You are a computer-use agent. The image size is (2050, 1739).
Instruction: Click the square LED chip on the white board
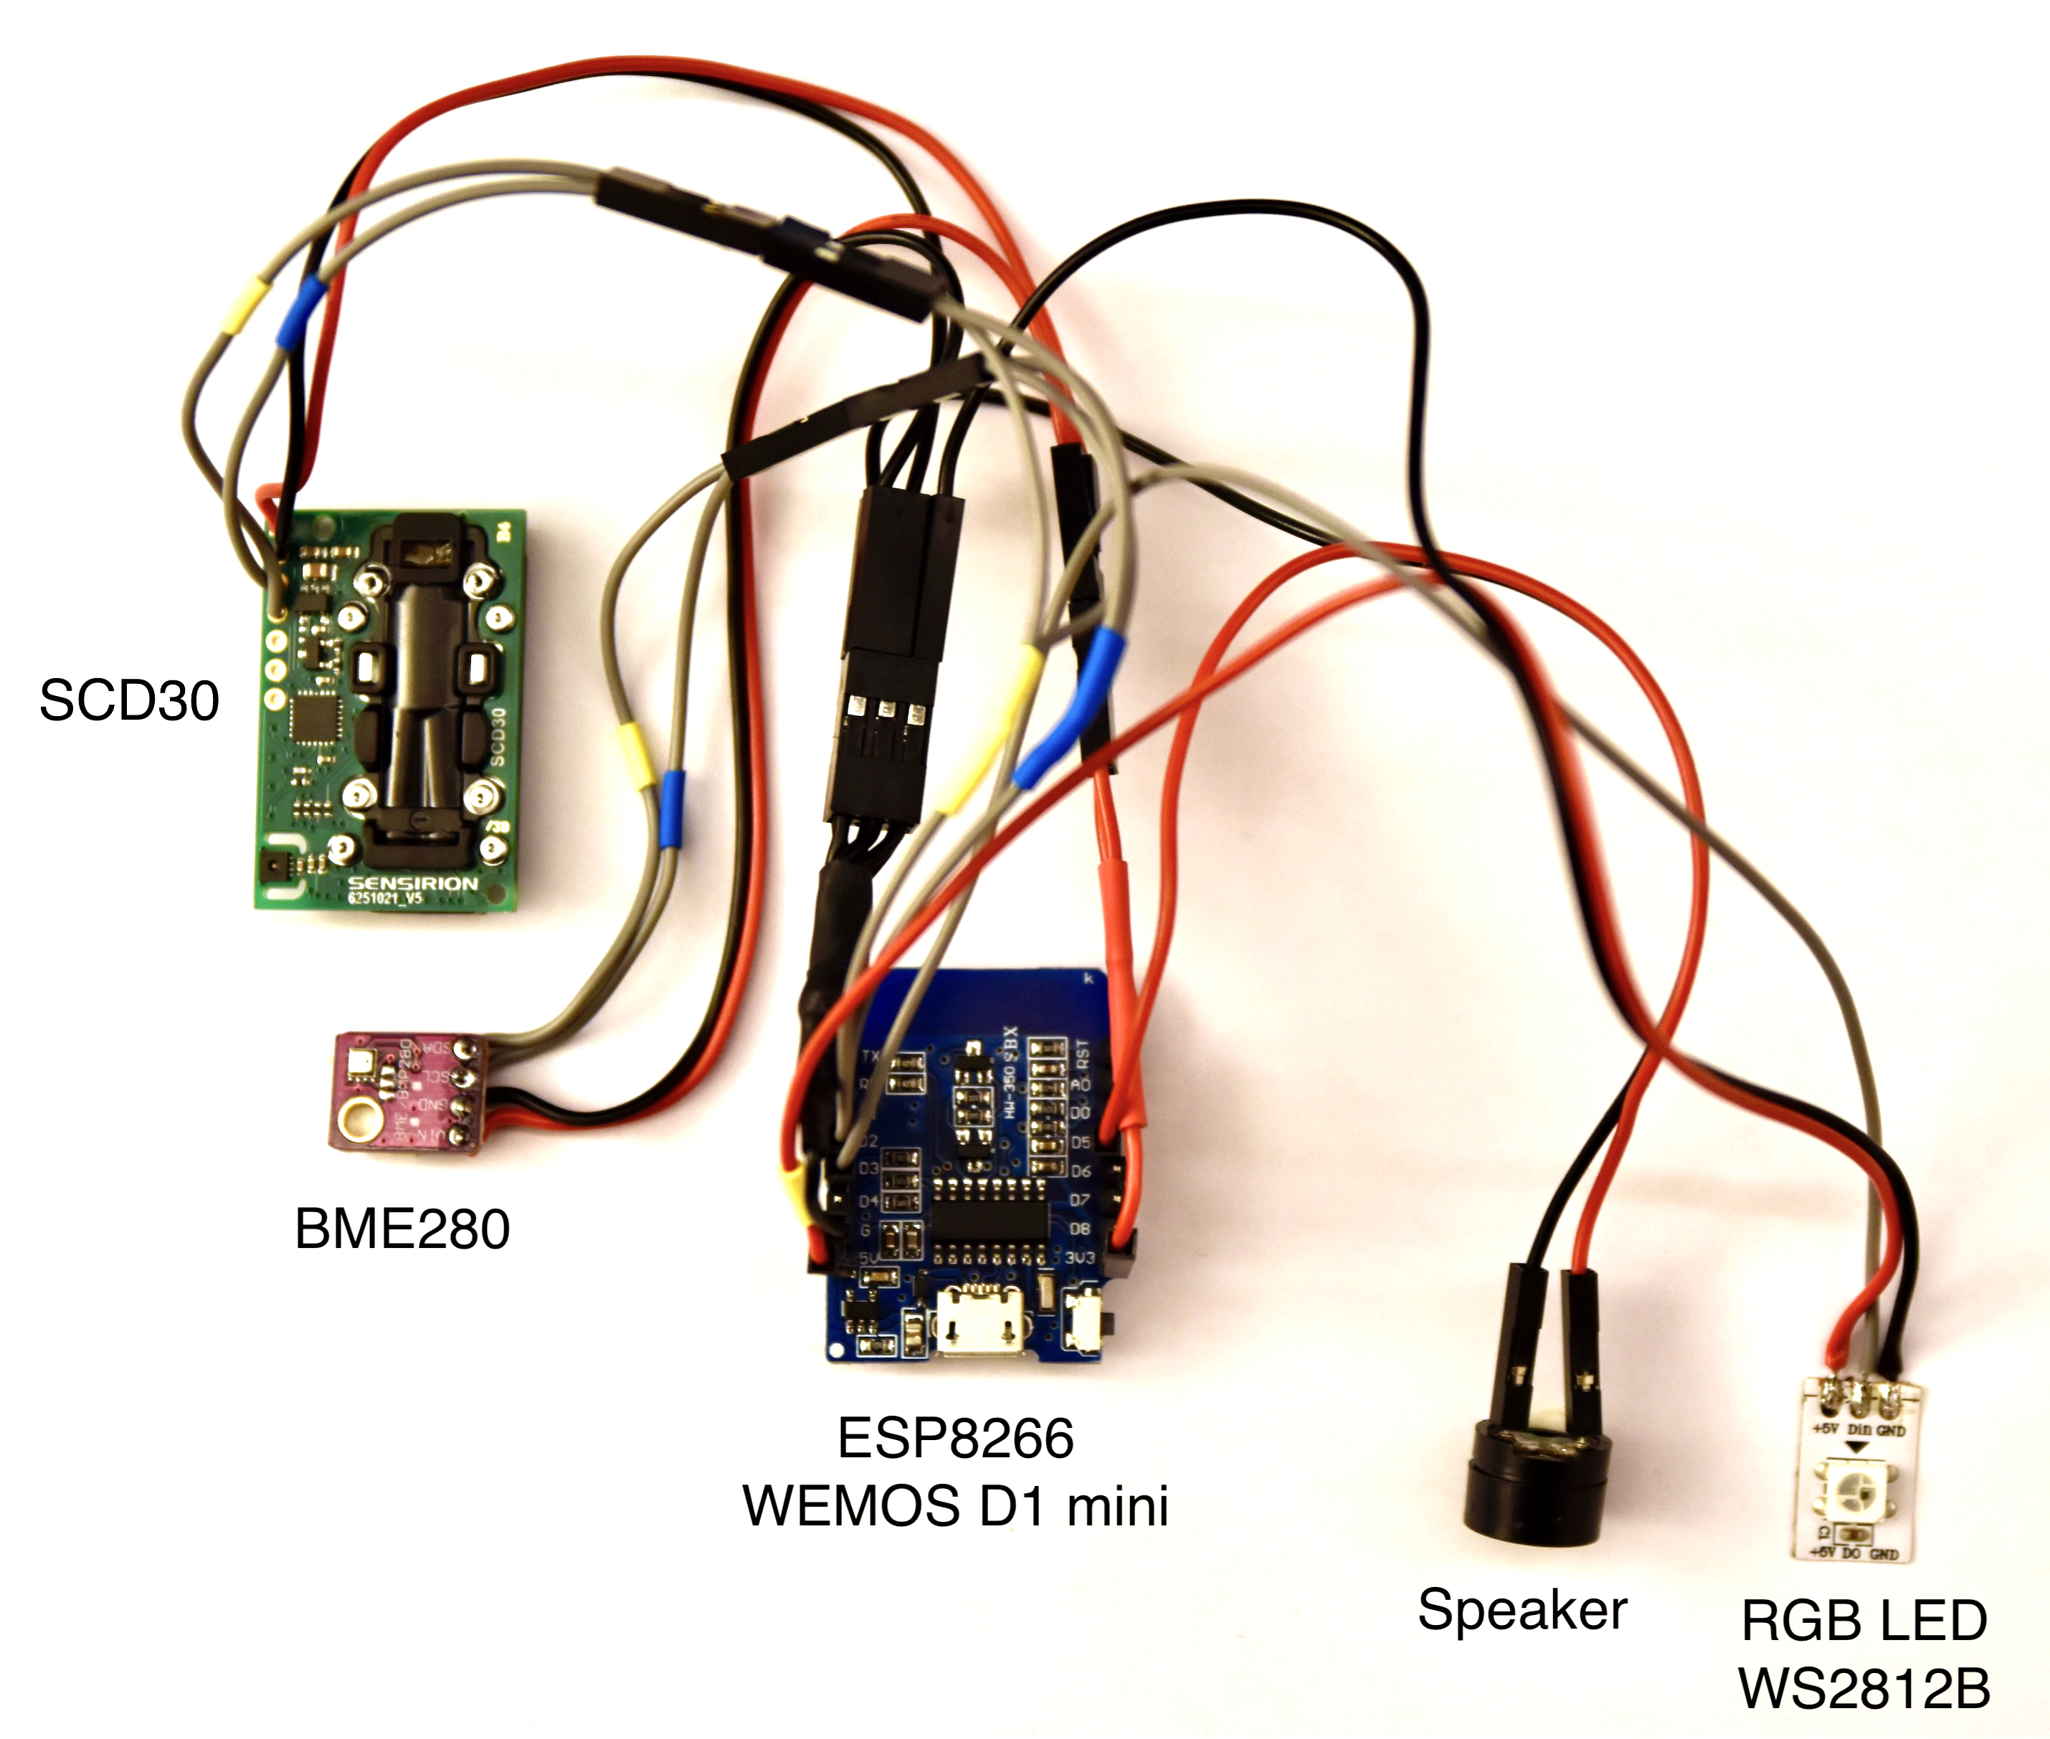pyautogui.click(x=1847, y=1490)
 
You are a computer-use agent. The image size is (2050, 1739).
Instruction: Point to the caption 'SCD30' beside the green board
pyautogui.click(x=129, y=701)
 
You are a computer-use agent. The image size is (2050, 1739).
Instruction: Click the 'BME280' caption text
pyautogui.click(x=402, y=1229)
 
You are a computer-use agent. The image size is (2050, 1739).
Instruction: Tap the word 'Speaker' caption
pyautogui.click(x=1522, y=1611)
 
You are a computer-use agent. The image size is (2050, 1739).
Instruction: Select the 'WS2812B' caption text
pyautogui.click(x=1864, y=1690)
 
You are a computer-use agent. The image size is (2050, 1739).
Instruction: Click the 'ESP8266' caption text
pyautogui.click(x=954, y=1439)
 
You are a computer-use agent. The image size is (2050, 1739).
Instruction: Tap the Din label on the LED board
pyautogui.click(x=1859, y=1429)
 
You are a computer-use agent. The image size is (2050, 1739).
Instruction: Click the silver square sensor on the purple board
pyautogui.click(x=360, y=1064)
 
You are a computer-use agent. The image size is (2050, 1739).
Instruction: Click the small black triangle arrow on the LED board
pyautogui.click(x=1858, y=1447)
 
